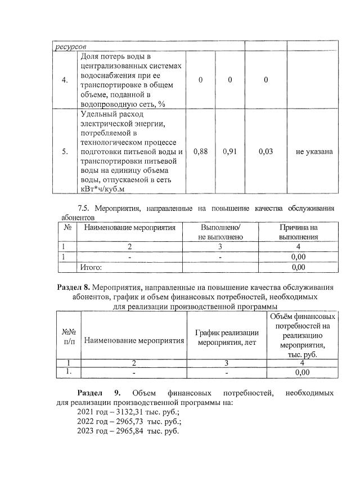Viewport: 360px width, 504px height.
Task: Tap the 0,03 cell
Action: pyautogui.click(x=266, y=151)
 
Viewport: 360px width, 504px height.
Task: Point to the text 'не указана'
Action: pyautogui.click(x=314, y=151)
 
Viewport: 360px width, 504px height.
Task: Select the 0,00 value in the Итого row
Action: pyautogui.click(x=298, y=267)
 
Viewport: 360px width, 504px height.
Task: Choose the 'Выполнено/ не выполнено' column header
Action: pyautogui.click(x=220, y=232)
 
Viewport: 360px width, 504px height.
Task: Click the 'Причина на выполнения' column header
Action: pyautogui.click(x=298, y=232)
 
